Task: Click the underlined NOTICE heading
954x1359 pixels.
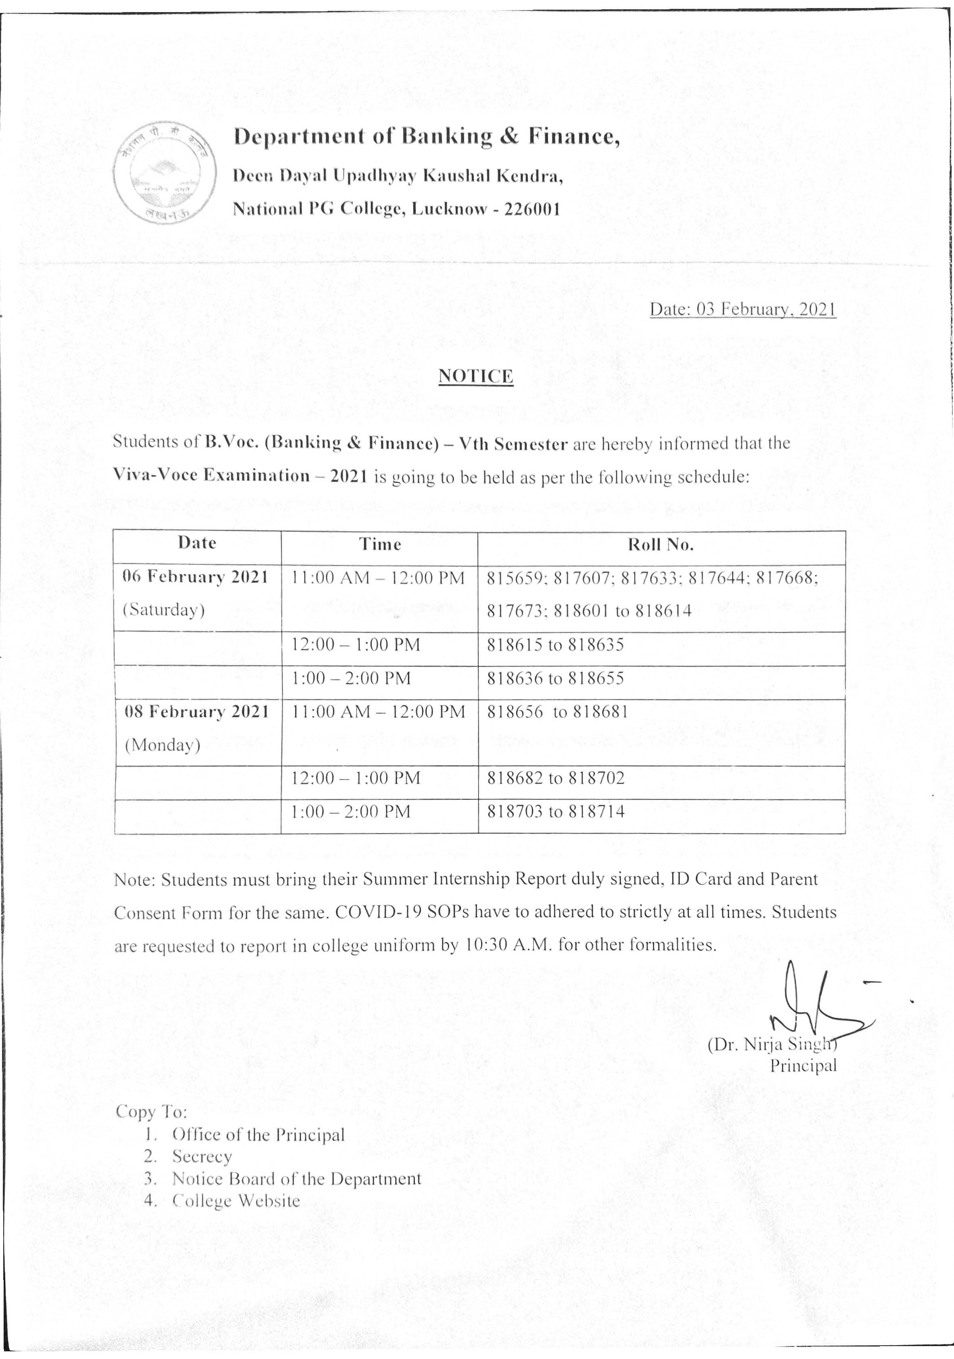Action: (475, 376)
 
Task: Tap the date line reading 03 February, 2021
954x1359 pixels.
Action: (743, 309)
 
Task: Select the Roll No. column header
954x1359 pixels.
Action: (661, 545)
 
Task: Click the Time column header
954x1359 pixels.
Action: (379, 545)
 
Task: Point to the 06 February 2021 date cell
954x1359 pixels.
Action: (196, 577)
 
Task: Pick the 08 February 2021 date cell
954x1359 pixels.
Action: (197, 711)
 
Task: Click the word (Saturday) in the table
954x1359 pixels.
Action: (164, 610)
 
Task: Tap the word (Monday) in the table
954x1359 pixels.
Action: (162, 744)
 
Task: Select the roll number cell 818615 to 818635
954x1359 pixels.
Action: (555, 644)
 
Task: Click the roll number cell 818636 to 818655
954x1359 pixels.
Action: (555, 678)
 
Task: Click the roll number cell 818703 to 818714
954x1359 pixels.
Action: (555, 811)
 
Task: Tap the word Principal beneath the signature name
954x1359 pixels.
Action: (803, 1066)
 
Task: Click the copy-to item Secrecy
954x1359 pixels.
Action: (202, 1156)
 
